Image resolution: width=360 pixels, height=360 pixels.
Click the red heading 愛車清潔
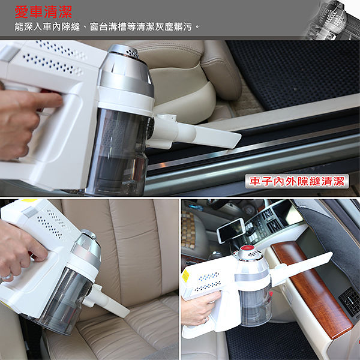[43, 12]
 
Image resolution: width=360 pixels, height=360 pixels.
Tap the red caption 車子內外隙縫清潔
[297, 181]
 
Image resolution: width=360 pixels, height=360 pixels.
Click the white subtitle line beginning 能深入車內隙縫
[107, 27]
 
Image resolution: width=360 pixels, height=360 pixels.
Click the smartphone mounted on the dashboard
[231, 230]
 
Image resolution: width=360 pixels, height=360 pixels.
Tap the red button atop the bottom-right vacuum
[247, 248]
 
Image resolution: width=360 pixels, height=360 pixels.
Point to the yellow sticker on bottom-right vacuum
[185, 276]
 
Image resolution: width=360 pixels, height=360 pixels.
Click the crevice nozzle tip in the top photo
[236, 139]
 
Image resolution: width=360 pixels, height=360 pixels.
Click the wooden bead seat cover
[188, 230]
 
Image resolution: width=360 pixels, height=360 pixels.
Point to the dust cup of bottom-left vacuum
[67, 301]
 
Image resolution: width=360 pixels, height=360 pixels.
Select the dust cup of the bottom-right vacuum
[256, 305]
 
